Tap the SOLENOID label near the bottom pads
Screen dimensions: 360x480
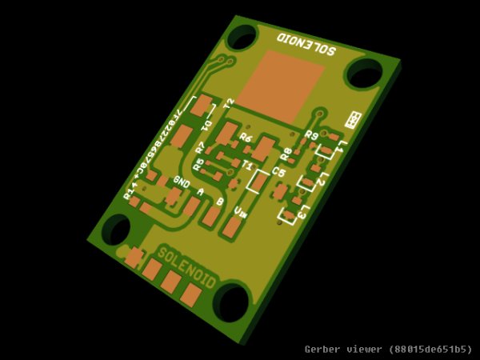(186, 267)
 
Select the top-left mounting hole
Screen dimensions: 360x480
(242, 36)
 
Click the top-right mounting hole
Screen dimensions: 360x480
(363, 74)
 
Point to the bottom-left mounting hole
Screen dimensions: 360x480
(116, 230)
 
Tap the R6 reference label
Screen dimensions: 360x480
(246, 138)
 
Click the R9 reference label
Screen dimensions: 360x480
(312, 135)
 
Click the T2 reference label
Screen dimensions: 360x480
(229, 103)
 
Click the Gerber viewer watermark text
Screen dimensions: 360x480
(388, 350)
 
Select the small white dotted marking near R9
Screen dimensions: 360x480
(352, 120)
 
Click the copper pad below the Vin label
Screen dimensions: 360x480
(230, 229)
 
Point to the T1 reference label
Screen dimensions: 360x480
(248, 165)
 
